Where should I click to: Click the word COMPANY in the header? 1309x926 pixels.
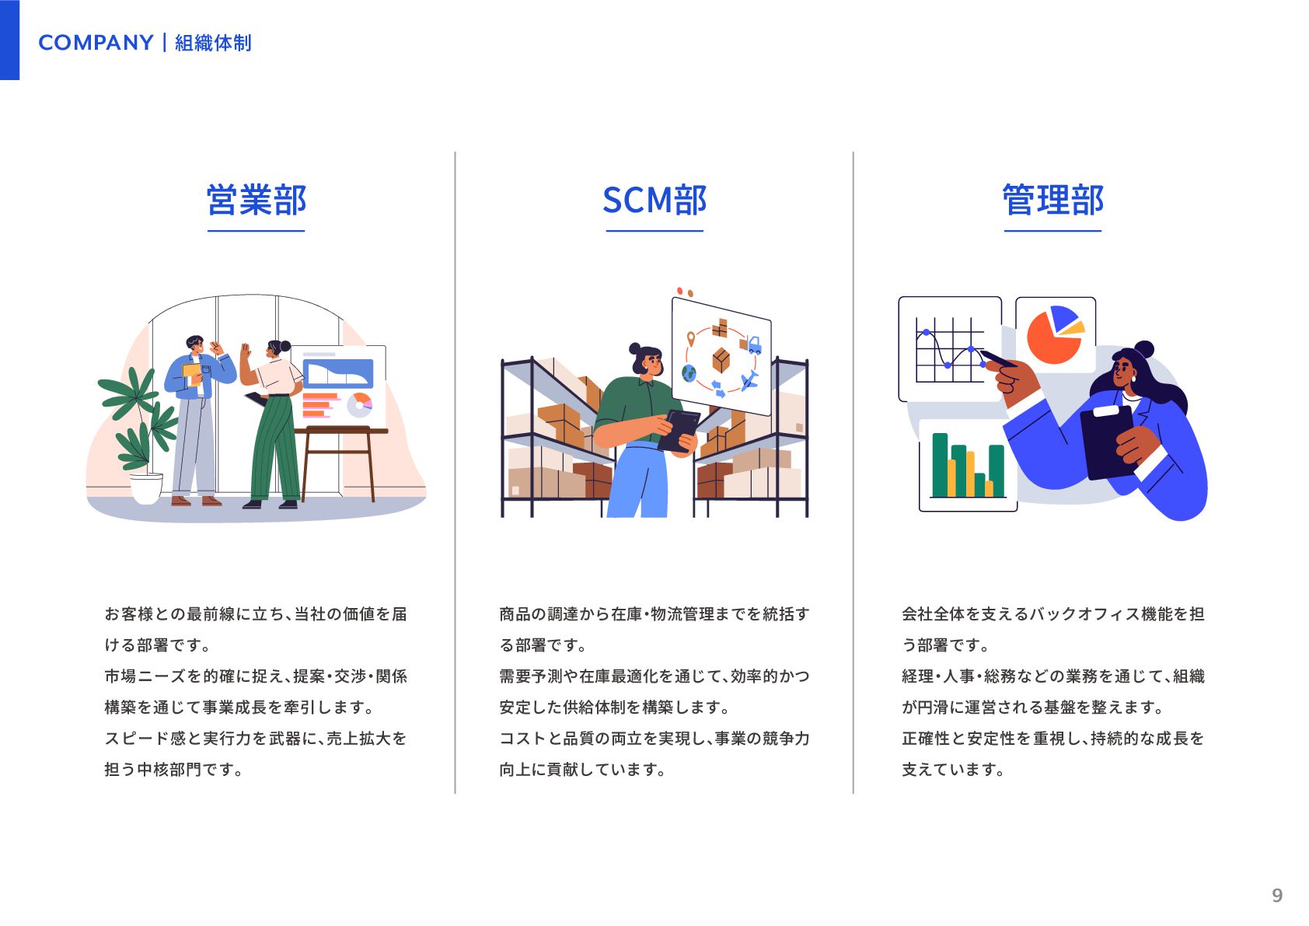click(x=96, y=43)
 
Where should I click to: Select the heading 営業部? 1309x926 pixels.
click(x=257, y=201)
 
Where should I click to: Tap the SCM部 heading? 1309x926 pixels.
click(x=654, y=201)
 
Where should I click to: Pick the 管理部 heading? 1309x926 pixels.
click(x=1052, y=201)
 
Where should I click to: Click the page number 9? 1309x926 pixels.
click(x=1276, y=896)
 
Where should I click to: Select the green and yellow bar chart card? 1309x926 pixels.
click(x=968, y=465)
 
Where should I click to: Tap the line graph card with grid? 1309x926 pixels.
click(x=948, y=348)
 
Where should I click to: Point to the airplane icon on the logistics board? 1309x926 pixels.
click(x=749, y=381)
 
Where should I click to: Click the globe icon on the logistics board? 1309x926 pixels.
click(x=689, y=374)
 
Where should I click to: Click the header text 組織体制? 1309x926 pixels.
click(x=213, y=43)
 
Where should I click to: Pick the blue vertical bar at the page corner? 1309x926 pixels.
click(x=9, y=40)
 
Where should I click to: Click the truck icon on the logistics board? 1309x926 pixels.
click(x=752, y=344)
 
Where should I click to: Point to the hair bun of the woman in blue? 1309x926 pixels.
click(x=1143, y=349)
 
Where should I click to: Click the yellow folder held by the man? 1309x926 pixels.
click(x=191, y=373)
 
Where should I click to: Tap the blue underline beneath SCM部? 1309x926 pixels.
click(x=654, y=231)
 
